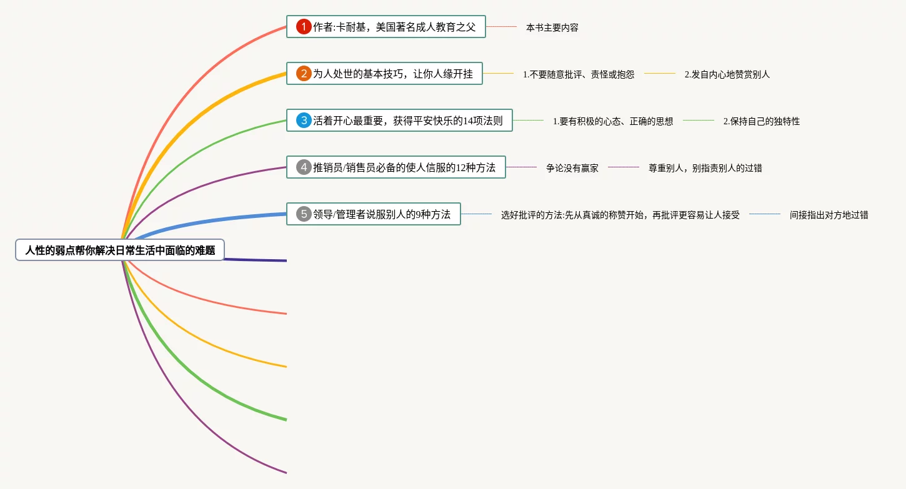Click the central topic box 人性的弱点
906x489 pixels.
click(120, 250)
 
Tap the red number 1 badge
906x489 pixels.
click(304, 27)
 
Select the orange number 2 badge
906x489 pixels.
click(304, 74)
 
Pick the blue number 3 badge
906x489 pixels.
click(304, 121)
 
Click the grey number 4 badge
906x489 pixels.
click(304, 167)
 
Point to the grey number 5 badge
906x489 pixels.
click(304, 214)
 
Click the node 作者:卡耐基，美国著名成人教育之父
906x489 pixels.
click(394, 27)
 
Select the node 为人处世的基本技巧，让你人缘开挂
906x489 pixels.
click(392, 74)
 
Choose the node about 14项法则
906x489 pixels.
click(407, 121)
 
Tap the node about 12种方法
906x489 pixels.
click(404, 167)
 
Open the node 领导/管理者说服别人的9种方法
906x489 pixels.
click(381, 214)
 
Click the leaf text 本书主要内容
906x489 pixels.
click(552, 27)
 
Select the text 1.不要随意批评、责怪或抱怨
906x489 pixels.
click(579, 74)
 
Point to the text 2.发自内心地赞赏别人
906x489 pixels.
click(727, 74)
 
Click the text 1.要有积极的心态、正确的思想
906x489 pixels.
click(613, 121)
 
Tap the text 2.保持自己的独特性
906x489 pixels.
click(761, 121)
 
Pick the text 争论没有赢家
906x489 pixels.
click(572, 168)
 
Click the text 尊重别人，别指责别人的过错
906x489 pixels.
click(705, 168)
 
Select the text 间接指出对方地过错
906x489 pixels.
click(829, 215)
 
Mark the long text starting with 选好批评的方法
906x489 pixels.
click(620, 215)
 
